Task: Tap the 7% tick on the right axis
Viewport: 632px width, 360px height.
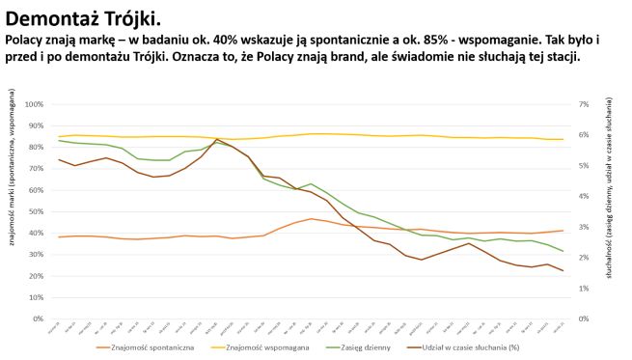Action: pos(584,104)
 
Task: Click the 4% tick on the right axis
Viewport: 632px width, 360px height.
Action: pos(584,196)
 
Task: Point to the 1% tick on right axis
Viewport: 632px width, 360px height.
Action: pos(584,288)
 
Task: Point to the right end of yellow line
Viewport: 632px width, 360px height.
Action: pos(563,139)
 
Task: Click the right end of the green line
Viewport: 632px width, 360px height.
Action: pos(563,251)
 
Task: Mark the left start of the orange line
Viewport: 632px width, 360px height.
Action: pos(59,236)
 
